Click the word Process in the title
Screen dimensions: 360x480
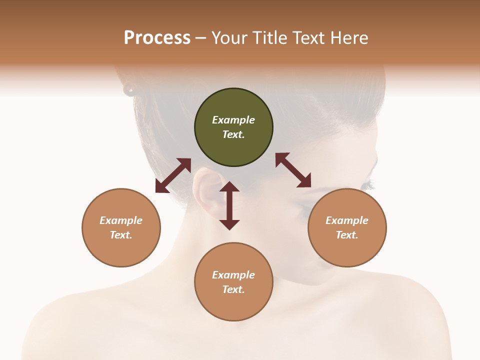tap(157, 38)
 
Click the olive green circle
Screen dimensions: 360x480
tap(233, 127)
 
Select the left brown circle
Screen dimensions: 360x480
tap(121, 228)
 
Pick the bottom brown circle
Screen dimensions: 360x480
tap(233, 282)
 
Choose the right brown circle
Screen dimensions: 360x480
tap(347, 228)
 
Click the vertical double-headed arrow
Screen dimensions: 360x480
tap(229, 205)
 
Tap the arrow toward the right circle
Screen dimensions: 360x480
tap(293, 170)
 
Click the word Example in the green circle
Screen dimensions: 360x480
tap(233, 120)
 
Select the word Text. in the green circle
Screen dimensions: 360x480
tap(233, 134)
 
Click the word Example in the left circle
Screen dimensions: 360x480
tap(121, 220)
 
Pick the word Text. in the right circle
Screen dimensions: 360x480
tap(347, 235)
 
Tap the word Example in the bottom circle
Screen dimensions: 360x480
tap(233, 275)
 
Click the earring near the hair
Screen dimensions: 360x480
tap(129, 90)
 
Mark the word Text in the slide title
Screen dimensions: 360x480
tap(307, 38)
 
